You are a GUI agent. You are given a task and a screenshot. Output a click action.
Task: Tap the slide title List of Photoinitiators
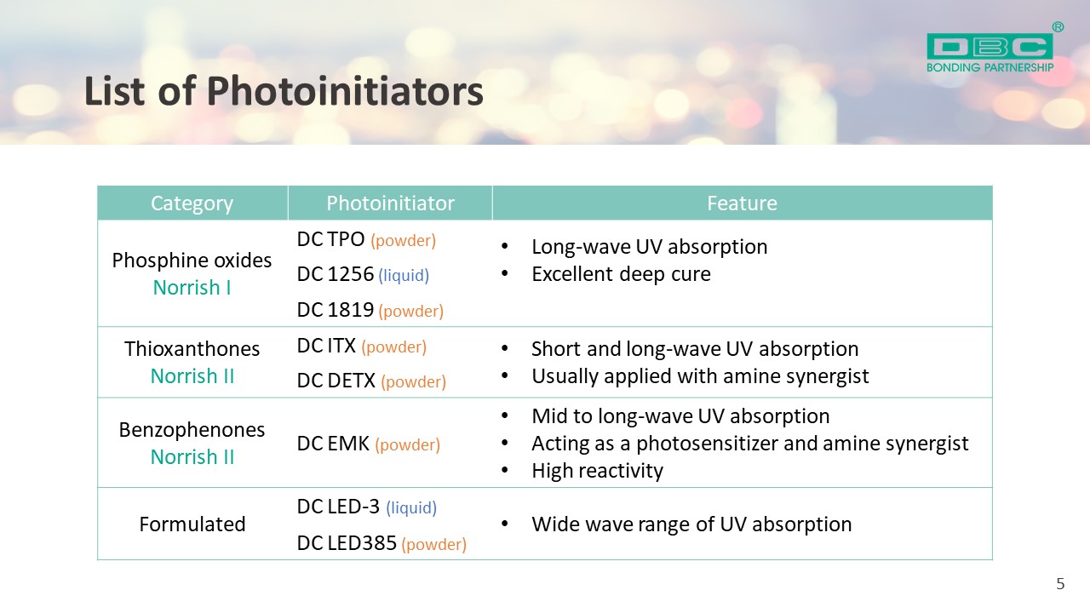284,91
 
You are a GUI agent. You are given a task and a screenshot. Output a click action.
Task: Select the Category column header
192,203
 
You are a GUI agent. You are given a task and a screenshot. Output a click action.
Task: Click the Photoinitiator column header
390,203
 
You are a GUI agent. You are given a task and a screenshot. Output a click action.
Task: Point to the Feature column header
742,203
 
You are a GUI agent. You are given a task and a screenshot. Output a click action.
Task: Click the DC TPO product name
330,239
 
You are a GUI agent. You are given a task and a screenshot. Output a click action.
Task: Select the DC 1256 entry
336,274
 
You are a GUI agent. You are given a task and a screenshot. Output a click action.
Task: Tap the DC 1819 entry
336,310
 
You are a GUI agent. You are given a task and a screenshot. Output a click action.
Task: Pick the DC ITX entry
326,346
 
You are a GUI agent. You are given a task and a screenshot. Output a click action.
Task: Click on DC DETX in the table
336,381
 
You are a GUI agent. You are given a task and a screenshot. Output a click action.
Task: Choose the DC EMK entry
333,444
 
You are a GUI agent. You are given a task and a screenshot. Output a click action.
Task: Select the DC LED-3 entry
338,507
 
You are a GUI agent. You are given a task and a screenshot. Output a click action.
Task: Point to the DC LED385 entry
347,543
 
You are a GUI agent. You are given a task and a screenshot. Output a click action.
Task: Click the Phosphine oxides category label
192,261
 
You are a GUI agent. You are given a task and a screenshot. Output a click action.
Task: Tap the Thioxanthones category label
192,349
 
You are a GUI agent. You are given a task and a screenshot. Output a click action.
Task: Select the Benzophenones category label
192,430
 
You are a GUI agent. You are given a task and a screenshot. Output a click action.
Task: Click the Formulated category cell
192,524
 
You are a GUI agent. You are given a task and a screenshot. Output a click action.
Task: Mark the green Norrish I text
192,288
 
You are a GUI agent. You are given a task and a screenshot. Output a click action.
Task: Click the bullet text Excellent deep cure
621,274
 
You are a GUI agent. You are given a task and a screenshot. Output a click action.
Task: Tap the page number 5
1060,584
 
